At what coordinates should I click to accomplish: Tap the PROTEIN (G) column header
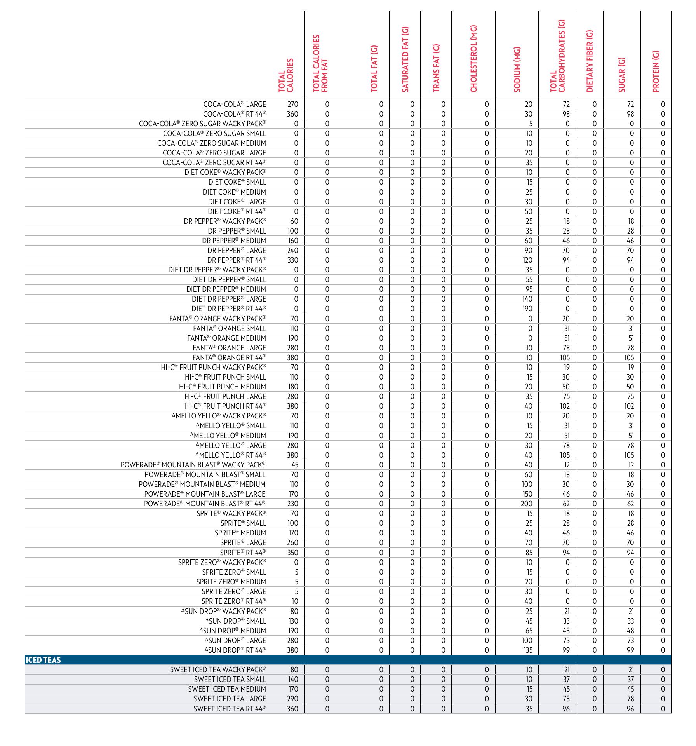[x=656, y=71]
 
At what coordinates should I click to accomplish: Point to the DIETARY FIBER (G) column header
[x=590, y=61]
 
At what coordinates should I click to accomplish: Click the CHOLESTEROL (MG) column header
[x=473, y=59]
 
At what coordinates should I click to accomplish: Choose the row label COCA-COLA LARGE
[x=235, y=105]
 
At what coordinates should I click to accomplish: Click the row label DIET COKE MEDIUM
[x=234, y=192]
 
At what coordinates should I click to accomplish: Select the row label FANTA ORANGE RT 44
[x=229, y=358]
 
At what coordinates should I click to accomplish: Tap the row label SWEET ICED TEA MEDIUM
[x=227, y=689]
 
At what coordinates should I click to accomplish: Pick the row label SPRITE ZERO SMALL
[x=234, y=572]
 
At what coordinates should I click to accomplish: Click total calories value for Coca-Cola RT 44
[x=292, y=114]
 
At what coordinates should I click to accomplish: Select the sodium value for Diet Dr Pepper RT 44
[x=527, y=309]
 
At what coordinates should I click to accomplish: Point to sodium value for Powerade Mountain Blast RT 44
[x=527, y=504]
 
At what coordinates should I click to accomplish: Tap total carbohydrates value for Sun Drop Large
[x=566, y=641]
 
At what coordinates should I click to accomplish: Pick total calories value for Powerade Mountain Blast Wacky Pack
[x=295, y=465]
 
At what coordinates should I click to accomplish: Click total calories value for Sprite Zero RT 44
[x=295, y=601]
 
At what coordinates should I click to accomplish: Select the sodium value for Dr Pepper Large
[x=528, y=251]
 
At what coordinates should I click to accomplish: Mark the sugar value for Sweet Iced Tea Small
[x=630, y=680]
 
